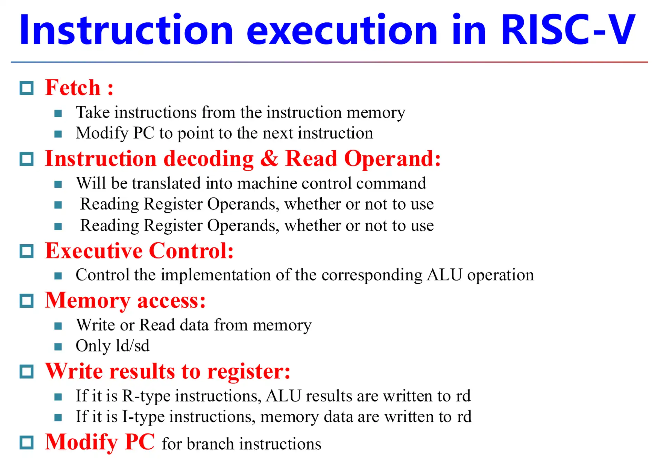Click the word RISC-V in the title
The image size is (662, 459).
tap(567, 30)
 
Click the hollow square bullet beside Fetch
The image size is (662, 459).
tap(27, 88)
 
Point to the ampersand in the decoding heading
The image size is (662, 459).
tap(269, 159)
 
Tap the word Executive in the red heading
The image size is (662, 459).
tap(93, 251)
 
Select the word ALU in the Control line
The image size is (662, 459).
tap(444, 275)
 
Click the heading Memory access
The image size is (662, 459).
tap(125, 300)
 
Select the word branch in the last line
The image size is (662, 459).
tap(210, 444)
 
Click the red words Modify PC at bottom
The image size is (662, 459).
tap(100, 442)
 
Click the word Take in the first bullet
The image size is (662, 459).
tap(93, 112)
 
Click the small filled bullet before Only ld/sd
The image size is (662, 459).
tap(58, 346)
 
